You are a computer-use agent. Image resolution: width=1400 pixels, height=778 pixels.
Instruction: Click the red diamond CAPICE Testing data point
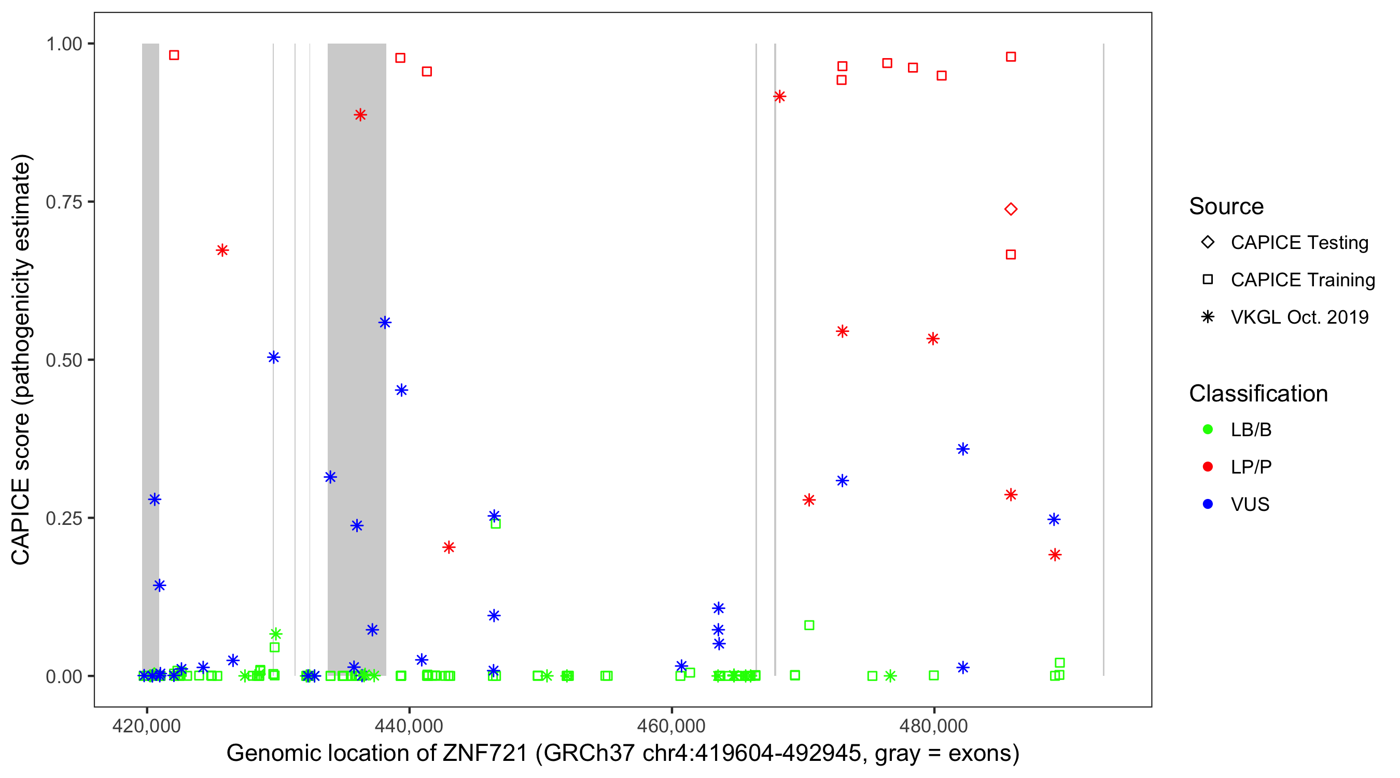tap(1010, 210)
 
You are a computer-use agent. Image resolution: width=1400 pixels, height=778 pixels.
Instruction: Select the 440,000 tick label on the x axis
tap(409, 726)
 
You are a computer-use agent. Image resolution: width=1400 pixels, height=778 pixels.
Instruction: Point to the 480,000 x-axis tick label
tap(933, 726)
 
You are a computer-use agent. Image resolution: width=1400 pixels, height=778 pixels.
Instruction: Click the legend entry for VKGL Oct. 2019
tap(1299, 317)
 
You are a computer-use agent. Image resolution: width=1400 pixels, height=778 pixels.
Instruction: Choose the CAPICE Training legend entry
tap(1302, 280)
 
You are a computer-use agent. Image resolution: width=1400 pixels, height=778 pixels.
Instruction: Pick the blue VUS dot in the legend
tap(1208, 504)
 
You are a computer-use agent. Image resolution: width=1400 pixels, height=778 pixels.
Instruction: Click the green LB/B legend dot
tap(1208, 429)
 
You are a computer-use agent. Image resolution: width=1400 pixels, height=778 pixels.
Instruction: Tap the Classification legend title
tap(1257, 394)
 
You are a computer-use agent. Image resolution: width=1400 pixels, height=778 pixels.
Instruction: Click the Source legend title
tap(1226, 206)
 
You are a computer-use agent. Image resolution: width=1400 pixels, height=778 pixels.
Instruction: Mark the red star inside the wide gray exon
tap(360, 115)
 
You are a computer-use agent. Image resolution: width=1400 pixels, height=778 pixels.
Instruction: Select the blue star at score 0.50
tap(273, 357)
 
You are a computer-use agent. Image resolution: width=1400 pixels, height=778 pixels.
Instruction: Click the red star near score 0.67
tap(222, 250)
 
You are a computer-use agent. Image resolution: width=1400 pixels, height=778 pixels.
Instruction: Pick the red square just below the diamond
tap(1010, 255)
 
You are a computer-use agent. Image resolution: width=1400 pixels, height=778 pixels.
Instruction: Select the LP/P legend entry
tap(1251, 467)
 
